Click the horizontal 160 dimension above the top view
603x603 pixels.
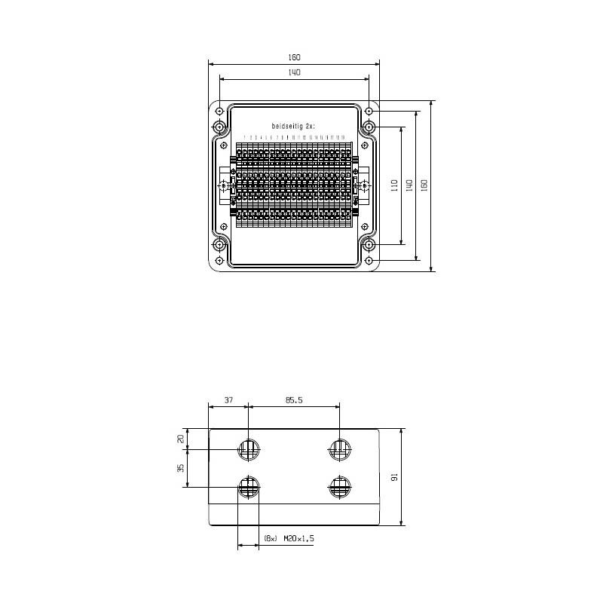click(294, 57)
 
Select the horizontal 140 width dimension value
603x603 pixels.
click(294, 72)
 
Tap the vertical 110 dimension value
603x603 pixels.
click(394, 185)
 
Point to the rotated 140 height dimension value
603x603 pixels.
click(409, 185)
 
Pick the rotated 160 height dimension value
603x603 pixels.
click(424, 185)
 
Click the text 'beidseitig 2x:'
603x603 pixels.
click(294, 126)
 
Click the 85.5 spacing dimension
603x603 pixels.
click(294, 401)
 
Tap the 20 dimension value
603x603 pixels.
click(181, 439)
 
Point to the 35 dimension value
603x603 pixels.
click(181, 468)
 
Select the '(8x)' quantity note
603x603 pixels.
click(271, 538)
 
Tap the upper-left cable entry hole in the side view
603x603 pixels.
click(249, 450)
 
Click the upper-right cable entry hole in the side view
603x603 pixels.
click(339, 450)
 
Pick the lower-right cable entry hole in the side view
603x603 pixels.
click(339, 487)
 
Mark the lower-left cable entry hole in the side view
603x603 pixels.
click(249, 487)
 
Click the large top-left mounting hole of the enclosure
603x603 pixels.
click(219, 127)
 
